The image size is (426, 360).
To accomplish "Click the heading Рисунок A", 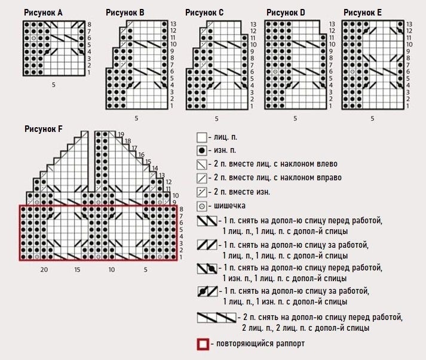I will point(44,13).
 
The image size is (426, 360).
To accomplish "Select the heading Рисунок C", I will point(204,13).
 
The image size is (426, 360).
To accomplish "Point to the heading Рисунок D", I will point(286,13).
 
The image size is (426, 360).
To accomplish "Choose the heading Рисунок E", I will point(363,13).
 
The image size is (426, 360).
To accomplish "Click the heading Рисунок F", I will point(44,128).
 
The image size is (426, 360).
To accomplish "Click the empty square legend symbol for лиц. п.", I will point(202,137).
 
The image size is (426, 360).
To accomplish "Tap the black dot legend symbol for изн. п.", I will point(202,151).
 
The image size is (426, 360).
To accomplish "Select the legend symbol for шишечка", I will point(202,206).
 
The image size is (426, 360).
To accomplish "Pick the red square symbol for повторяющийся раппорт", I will point(203,344).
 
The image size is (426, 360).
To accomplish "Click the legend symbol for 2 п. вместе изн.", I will point(202,192).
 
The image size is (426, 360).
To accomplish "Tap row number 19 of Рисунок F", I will point(121,134).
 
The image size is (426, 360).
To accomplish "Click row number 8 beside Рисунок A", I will point(89,24).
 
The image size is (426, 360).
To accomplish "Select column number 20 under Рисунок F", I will point(44,270).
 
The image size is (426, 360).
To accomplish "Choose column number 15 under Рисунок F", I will point(78,270).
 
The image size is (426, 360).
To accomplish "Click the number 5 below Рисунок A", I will point(53,85).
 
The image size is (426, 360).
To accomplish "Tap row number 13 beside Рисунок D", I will point(332,24).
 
